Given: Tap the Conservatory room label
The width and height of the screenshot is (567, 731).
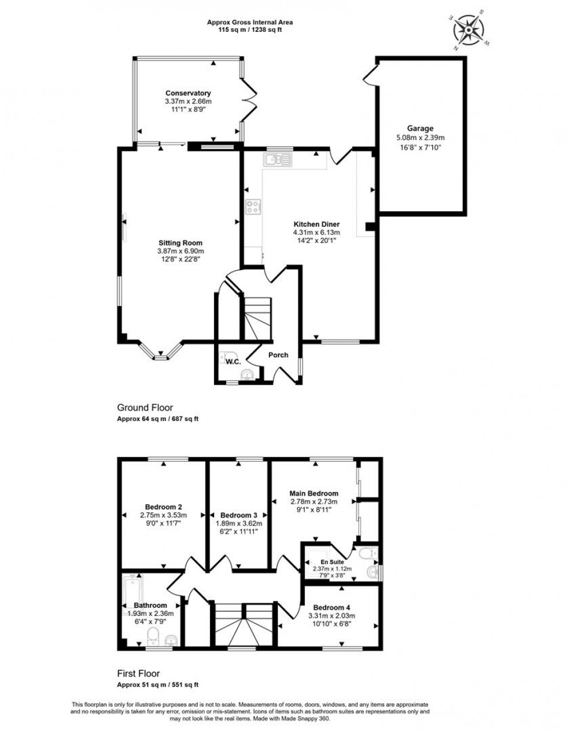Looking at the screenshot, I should point(188,93).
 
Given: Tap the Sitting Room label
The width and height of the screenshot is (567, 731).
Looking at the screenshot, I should point(181,243).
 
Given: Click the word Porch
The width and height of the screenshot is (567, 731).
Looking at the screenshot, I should point(278,355).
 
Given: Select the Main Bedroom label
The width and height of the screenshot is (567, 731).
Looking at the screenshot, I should point(314,493).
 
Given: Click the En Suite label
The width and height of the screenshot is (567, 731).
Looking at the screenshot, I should point(332,562).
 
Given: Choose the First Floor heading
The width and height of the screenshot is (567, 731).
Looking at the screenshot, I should point(138,674).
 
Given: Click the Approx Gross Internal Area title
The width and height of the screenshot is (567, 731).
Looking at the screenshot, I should point(250,23).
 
